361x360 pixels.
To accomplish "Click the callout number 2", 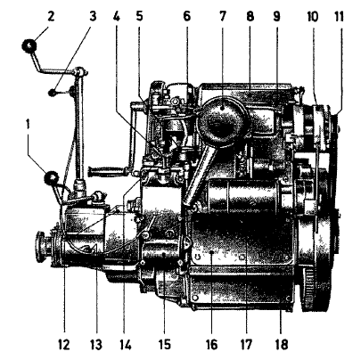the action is [x=51, y=16].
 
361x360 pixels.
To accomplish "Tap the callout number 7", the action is [x=223, y=16].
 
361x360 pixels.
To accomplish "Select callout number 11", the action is [x=339, y=16].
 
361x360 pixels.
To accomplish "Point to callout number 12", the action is [x=64, y=345].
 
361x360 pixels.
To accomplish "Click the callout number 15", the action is [x=164, y=345].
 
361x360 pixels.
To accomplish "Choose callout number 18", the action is [x=282, y=345].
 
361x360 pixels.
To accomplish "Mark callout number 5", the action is [x=140, y=16].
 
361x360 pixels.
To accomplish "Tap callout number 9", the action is [x=276, y=16].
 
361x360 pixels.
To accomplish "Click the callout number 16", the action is [x=211, y=345].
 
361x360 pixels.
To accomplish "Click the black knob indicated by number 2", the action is [x=29, y=46].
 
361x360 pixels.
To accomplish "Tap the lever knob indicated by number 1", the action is [x=51, y=178].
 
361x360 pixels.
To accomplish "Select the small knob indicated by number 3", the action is [x=53, y=93].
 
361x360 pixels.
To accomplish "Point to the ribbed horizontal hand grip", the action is [x=106, y=172].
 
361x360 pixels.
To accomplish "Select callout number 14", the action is [x=125, y=345].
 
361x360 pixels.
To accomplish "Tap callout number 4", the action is [x=116, y=16].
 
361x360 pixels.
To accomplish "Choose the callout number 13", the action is [x=96, y=345].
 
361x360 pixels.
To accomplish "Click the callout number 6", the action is [x=186, y=16].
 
